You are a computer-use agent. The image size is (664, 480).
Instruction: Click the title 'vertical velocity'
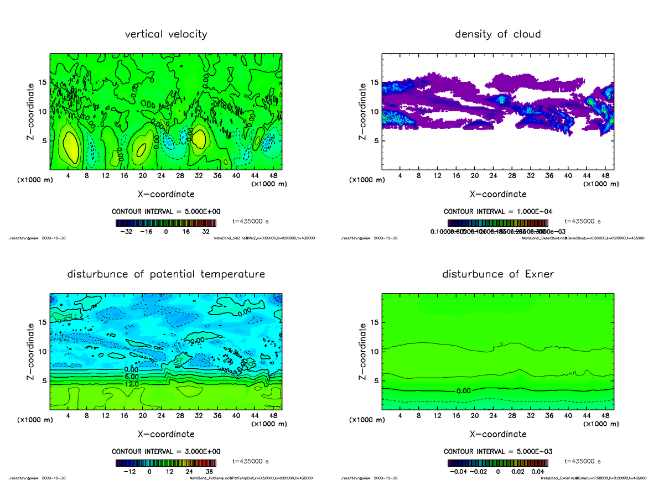[166, 34]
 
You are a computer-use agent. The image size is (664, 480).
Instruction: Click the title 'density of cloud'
[497, 34]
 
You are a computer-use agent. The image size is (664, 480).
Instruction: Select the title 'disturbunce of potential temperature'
[166, 274]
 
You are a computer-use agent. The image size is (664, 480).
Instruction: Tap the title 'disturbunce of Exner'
[497, 274]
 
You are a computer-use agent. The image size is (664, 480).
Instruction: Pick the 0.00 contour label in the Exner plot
[464, 391]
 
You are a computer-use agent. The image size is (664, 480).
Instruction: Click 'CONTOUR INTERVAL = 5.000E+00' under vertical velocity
[166, 211]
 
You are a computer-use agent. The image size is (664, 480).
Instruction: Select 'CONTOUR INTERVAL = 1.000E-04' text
[497, 211]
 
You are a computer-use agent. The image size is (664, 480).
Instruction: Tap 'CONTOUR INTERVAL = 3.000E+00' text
[166, 451]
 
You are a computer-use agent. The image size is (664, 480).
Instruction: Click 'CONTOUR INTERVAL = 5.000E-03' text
[497, 451]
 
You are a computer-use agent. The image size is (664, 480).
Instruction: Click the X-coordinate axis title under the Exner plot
[497, 434]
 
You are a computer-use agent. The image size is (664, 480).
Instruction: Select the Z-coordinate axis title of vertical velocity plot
[32, 111]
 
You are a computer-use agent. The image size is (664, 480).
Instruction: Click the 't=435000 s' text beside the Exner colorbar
[583, 461]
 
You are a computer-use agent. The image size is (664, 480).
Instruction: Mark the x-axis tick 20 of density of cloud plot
[474, 176]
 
